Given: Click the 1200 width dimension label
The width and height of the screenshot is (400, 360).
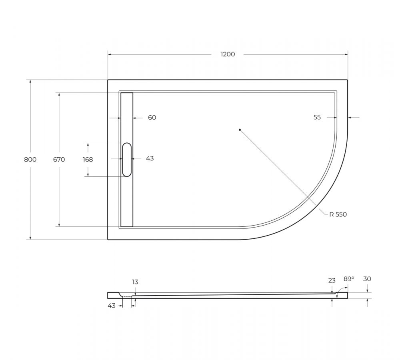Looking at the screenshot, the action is coord(228,54).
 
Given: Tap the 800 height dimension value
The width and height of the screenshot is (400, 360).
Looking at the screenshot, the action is coord(30,160).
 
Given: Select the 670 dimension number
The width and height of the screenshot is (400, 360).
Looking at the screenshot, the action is coord(59,160).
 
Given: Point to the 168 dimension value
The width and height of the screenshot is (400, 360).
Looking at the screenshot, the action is coord(88,160).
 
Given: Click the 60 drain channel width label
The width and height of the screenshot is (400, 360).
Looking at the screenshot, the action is coord(152,118).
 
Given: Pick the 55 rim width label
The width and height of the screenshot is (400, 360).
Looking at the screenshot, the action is coord(317,117).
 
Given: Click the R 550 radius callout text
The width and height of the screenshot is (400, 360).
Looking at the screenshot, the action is coord(338,214).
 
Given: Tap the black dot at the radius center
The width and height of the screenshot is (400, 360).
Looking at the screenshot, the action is coord(240,130).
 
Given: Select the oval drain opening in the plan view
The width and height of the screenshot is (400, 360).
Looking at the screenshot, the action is coord(127,160).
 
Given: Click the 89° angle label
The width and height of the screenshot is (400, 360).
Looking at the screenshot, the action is coord(349,279).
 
